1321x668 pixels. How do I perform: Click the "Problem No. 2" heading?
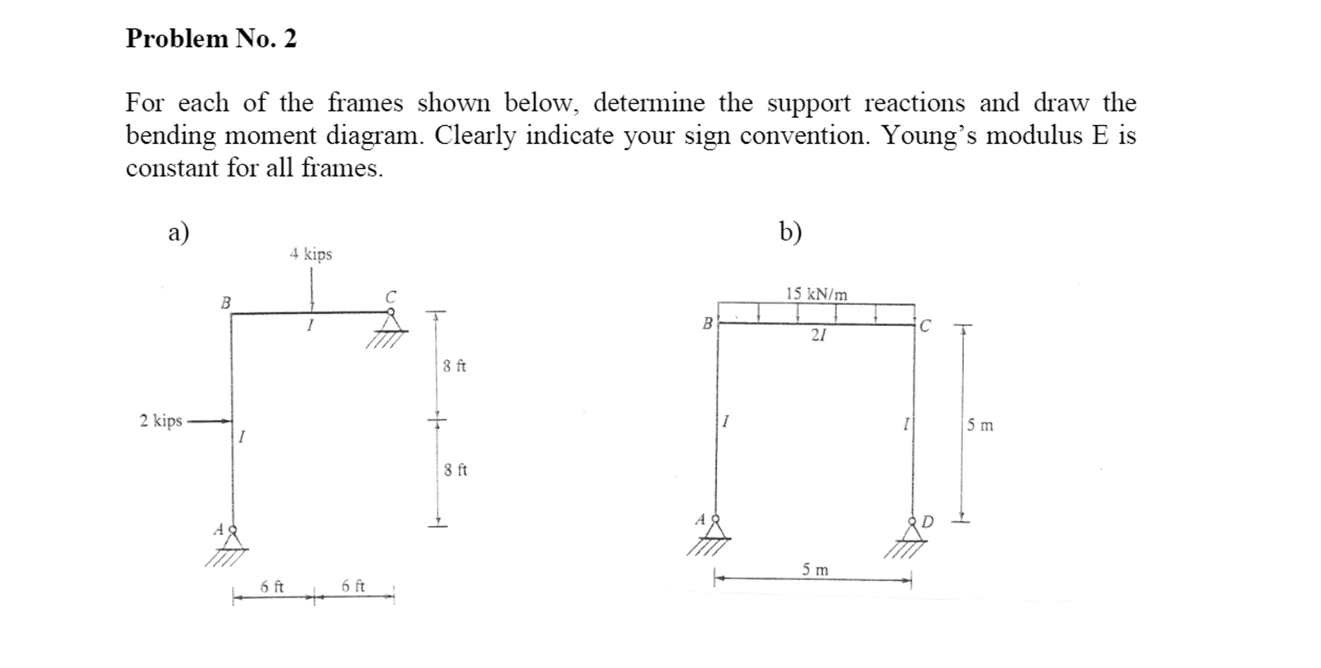[211, 39]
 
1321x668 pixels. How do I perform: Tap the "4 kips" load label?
[311, 254]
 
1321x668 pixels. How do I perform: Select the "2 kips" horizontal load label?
[161, 421]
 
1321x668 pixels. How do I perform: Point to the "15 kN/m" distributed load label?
[816, 294]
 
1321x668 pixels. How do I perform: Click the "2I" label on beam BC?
[818, 335]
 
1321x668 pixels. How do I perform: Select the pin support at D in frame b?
[912, 531]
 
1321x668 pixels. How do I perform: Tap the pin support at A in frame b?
[715, 529]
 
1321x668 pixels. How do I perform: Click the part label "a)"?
[178, 232]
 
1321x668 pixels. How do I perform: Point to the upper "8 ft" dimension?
[455, 367]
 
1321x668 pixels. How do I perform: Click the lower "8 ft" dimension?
[455, 470]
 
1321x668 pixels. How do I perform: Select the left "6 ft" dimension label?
[272, 587]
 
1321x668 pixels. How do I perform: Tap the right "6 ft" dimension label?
[353, 586]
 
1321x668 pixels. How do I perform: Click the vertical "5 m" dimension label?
[980, 425]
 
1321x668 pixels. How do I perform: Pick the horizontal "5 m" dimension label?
[815, 570]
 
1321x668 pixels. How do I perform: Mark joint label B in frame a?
[225, 303]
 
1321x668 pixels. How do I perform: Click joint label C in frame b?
[925, 327]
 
